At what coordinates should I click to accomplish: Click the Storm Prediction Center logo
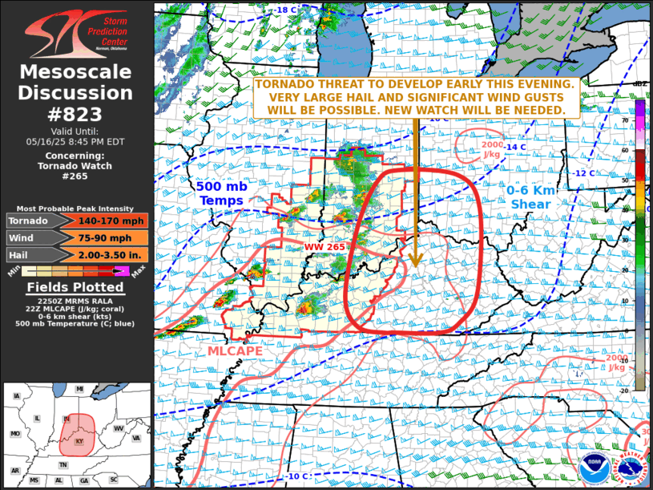(x=76, y=32)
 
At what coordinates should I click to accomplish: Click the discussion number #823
(x=76, y=112)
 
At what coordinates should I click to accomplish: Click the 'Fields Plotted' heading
(x=76, y=287)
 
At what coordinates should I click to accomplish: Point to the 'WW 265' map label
(x=324, y=247)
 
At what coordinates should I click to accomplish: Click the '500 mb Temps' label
(x=221, y=193)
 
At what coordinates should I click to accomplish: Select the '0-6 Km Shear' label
(x=529, y=197)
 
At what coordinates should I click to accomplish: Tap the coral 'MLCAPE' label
(x=236, y=351)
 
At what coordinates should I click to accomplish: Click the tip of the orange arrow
(x=415, y=265)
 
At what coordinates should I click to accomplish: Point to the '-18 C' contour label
(x=286, y=10)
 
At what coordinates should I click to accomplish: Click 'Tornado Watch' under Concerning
(x=76, y=166)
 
